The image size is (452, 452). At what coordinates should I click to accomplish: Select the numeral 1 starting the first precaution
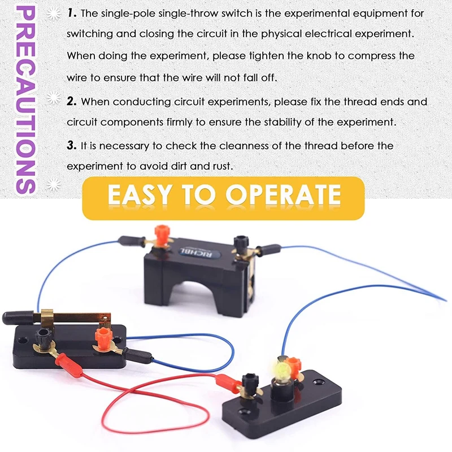click(x=71, y=12)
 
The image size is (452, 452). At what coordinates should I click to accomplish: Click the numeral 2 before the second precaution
click(x=71, y=102)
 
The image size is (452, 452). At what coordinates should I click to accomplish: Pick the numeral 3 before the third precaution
click(x=71, y=146)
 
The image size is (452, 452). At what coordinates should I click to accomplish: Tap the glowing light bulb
click(x=281, y=370)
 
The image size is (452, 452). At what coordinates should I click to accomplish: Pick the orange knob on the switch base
click(x=103, y=337)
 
